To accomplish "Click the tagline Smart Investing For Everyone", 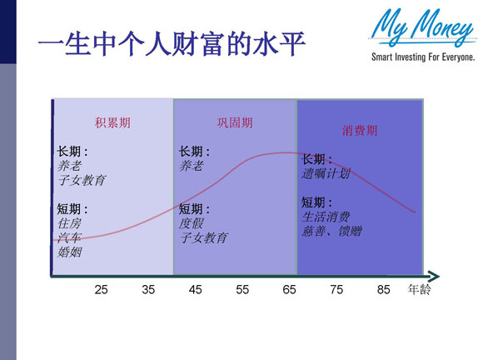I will click(x=423, y=57).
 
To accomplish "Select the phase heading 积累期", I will click(x=112, y=122).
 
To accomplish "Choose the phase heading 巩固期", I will click(x=235, y=122).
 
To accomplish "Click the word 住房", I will click(x=69, y=224).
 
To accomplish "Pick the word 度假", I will click(x=192, y=223).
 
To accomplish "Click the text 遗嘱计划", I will click(x=327, y=173).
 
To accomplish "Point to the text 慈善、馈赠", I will click(x=331, y=231).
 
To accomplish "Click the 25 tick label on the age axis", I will click(x=101, y=290).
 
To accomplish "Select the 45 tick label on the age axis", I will click(x=195, y=290).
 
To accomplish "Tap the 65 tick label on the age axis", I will click(x=290, y=290).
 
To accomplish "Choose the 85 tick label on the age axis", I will click(x=384, y=290).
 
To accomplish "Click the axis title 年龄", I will click(x=420, y=290).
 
